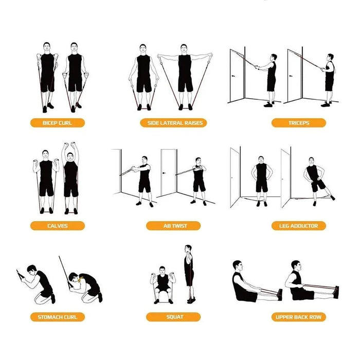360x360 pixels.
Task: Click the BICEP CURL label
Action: (x=58, y=123)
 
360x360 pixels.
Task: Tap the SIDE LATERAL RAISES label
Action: (x=173, y=123)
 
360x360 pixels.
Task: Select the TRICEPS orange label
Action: (x=299, y=123)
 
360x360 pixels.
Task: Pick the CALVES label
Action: (x=58, y=226)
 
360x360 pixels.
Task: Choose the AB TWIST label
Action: (x=173, y=226)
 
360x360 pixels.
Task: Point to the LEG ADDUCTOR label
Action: (x=299, y=226)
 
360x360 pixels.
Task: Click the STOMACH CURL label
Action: (x=58, y=317)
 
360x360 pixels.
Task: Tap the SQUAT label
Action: (x=173, y=317)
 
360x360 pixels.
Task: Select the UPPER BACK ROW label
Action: (x=299, y=317)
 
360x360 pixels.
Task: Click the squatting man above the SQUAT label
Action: (x=163, y=285)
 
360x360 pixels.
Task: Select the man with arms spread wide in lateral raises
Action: (x=185, y=77)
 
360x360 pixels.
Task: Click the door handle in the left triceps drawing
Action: (x=233, y=76)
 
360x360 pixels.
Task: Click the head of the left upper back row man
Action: (x=238, y=266)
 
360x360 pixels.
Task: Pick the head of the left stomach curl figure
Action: (x=32, y=269)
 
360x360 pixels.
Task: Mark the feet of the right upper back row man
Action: (x=336, y=292)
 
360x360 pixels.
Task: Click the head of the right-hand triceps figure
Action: (x=330, y=58)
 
